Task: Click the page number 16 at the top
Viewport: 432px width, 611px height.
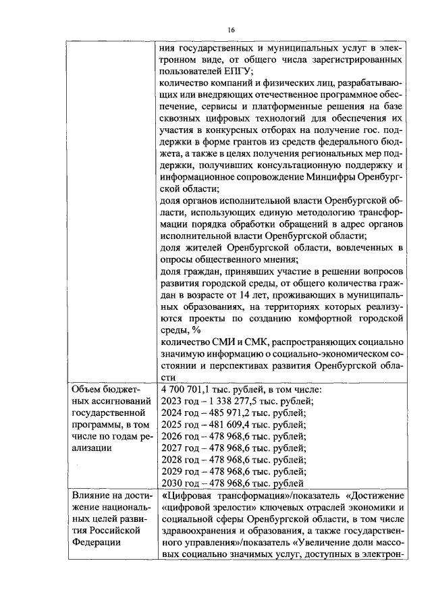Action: point(230,30)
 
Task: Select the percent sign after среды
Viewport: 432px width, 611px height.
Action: point(196,330)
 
